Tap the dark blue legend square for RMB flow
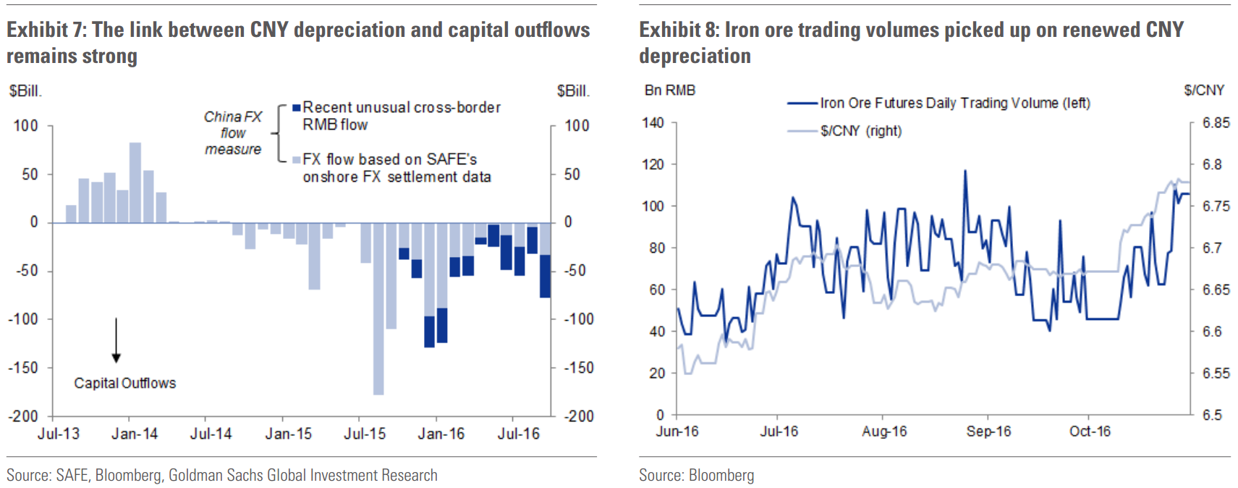click(x=296, y=108)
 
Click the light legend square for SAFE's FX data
click(x=296, y=160)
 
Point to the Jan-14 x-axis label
click(x=135, y=434)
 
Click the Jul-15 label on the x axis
click(x=365, y=434)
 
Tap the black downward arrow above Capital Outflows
click(x=116, y=340)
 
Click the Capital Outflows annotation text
click(x=124, y=383)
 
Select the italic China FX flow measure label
click(x=232, y=132)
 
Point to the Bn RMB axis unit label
click(x=669, y=91)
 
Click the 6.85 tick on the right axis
click(x=1216, y=123)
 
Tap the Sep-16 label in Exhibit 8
click(x=988, y=432)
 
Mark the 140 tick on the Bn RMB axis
click(x=653, y=123)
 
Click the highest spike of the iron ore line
click(x=965, y=172)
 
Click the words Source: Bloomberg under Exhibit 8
click(x=696, y=476)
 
